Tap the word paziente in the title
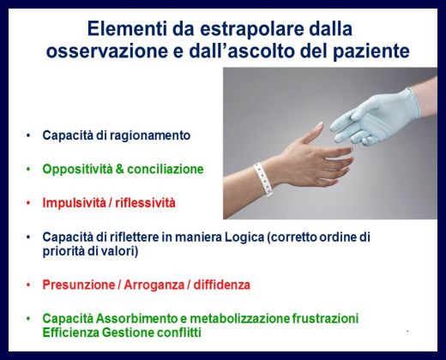[x=371, y=51]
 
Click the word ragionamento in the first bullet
[x=150, y=135]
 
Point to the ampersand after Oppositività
[x=120, y=169]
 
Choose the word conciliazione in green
[x=166, y=169]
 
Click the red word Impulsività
[x=74, y=203]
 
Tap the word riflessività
[x=145, y=203]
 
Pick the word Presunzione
[x=79, y=285]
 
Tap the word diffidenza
[x=222, y=285]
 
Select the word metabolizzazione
[x=239, y=319]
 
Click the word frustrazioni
[x=325, y=319]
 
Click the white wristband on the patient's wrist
[x=263, y=179]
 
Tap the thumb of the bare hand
[x=311, y=134]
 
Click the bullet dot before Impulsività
[x=28, y=203]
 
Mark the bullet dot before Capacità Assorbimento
[x=28, y=319]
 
